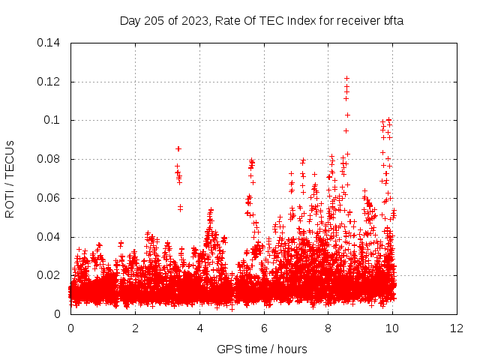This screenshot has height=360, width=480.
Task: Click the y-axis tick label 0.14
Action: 50,43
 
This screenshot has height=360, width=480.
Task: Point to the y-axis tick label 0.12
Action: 50,82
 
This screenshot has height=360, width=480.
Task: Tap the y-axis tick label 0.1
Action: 54,120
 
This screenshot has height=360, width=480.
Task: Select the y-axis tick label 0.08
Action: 50,159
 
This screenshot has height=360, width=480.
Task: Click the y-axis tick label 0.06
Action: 50,198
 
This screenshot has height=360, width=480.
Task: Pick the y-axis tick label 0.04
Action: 50,237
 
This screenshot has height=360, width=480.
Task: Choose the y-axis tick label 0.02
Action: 50,275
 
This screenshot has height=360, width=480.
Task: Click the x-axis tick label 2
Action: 135,328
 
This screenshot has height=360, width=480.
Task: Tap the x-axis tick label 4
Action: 199,328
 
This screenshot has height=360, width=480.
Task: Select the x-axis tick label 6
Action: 264,328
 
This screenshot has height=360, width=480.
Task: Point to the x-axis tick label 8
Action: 328,328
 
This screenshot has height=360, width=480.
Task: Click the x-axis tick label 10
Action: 393,328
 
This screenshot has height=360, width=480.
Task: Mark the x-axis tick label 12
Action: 457,328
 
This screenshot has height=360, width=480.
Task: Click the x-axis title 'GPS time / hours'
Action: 263,349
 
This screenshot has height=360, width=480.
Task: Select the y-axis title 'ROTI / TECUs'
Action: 10,178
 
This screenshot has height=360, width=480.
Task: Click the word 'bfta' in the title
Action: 393,21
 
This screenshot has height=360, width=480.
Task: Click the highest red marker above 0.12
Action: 346,78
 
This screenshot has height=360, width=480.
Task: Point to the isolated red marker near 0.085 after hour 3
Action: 178,148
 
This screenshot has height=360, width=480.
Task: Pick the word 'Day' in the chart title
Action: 130,21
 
